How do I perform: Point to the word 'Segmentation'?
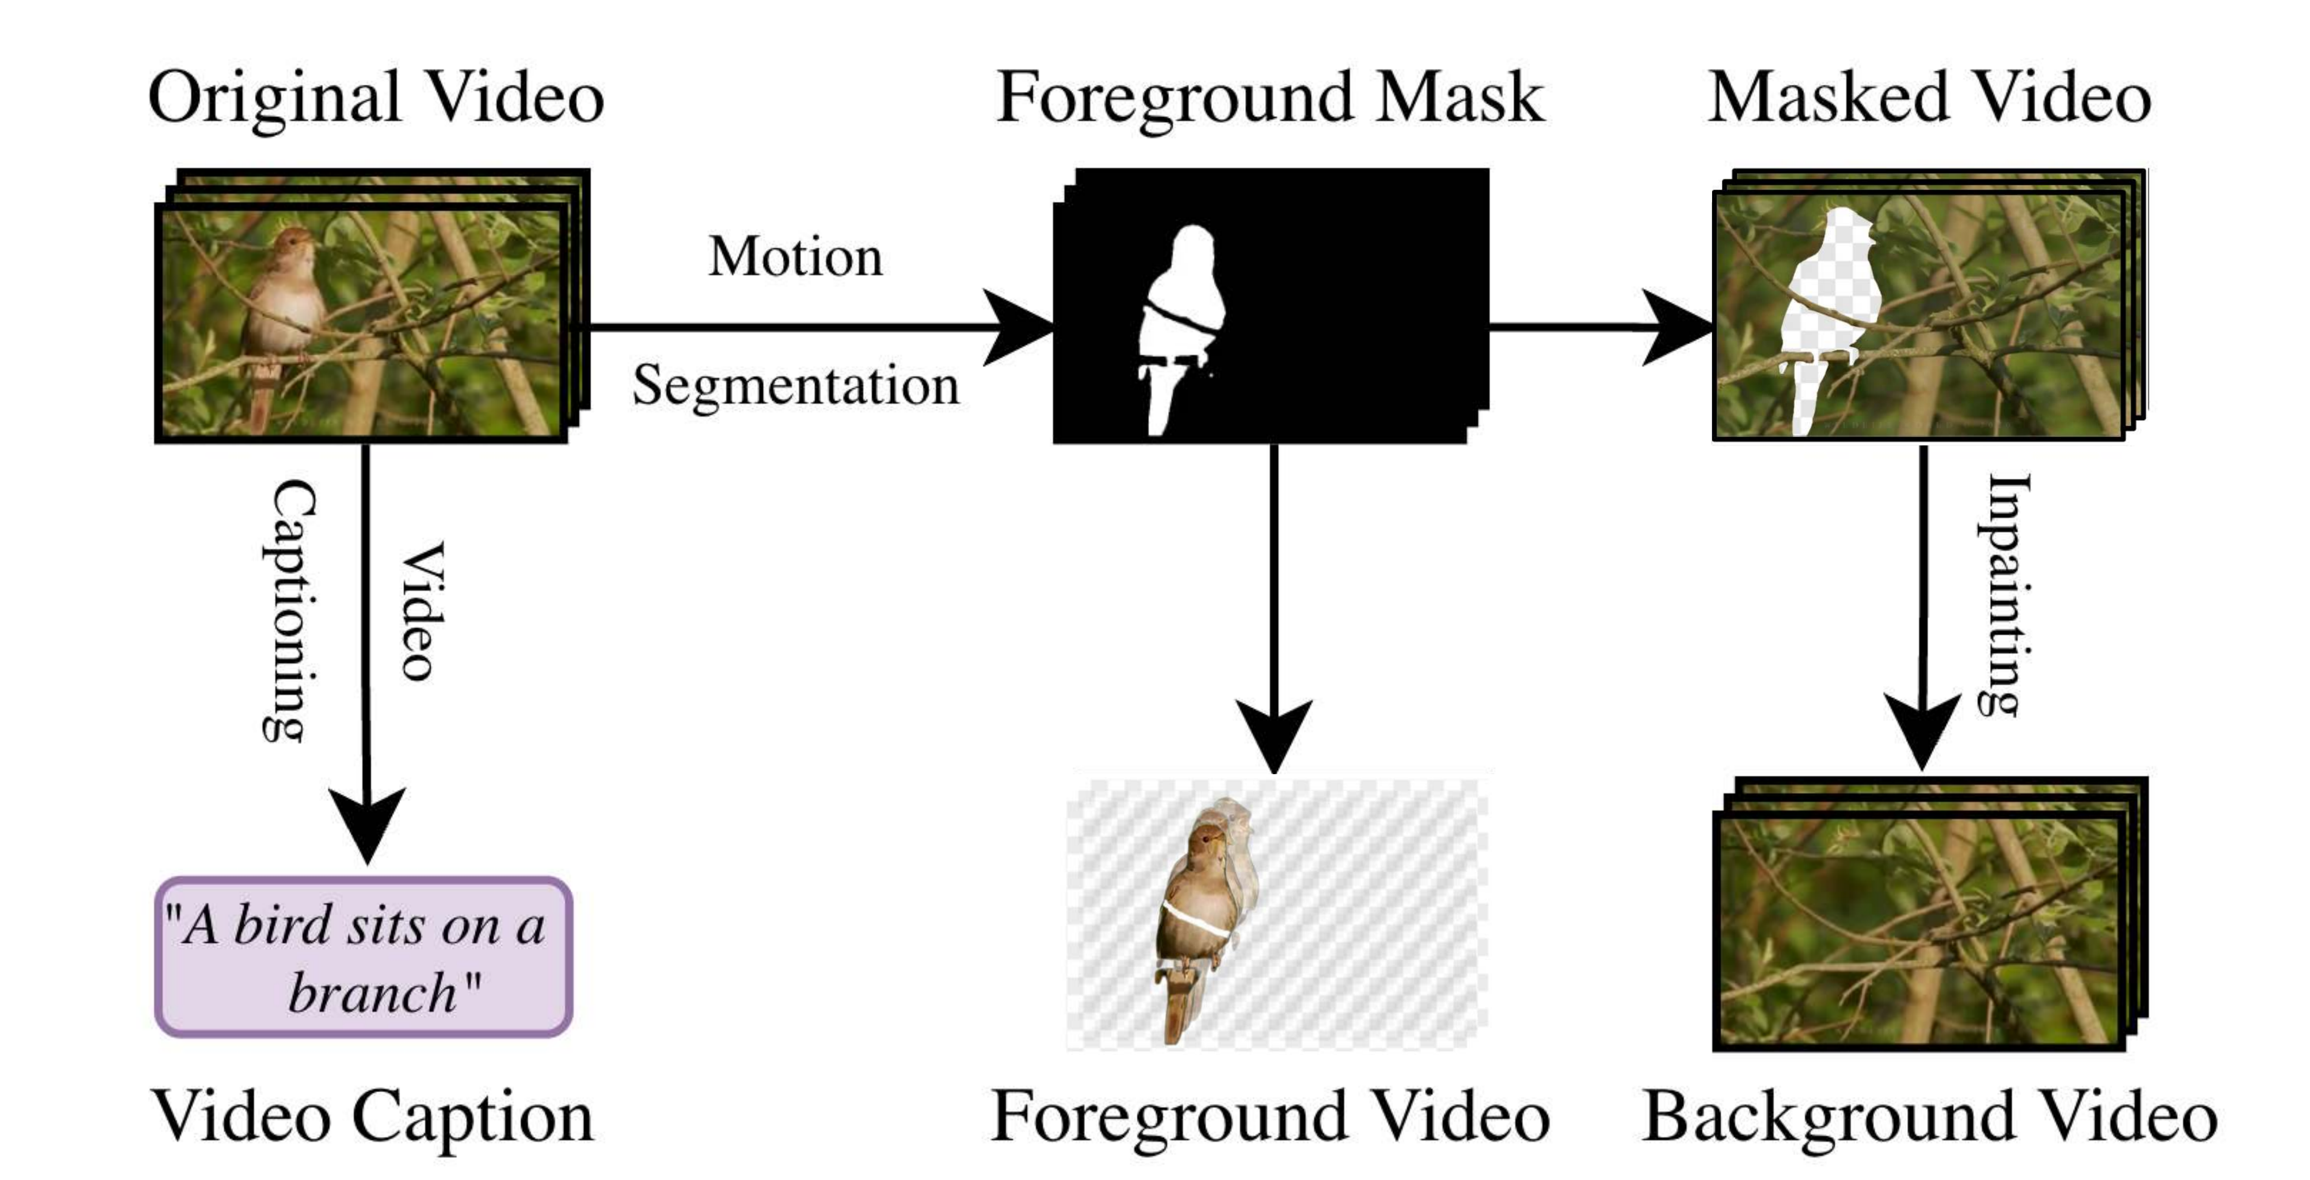[x=795, y=386]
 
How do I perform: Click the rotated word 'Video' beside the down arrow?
[x=421, y=610]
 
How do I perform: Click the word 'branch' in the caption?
[x=372, y=994]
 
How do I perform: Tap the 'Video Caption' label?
[x=372, y=1116]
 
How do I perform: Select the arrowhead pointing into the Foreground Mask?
[x=1018, y=327]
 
